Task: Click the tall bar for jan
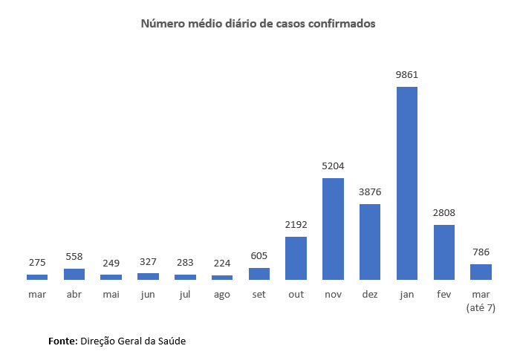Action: (406, 183)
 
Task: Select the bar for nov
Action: (333, 229)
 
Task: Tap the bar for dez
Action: (370, 242)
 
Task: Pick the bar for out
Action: (296, 258)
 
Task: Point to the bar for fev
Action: (443, 252)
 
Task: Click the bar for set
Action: (259, 274)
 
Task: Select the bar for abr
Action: (74, 274)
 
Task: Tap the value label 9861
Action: (406, 75)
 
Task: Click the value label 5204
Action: (333, 166)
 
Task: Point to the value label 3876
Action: (370, 192)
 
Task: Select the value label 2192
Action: (296, 225)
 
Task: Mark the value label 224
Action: (222, 263)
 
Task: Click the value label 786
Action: (481, 252)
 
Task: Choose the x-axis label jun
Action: (148, 295)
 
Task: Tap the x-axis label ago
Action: (222, 295)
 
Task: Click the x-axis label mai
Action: (111, 295)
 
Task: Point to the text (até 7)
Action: (481, 307)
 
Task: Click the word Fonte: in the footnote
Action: (62, 341)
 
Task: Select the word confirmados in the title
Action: (341, 24)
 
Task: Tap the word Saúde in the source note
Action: (170, 341)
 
